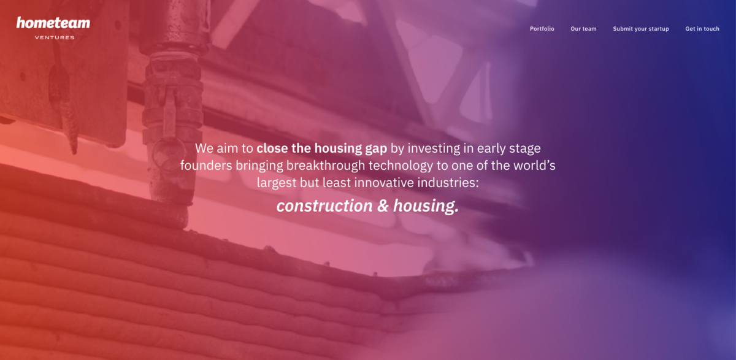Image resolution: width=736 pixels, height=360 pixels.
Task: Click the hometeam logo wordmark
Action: click(x=53, y=23)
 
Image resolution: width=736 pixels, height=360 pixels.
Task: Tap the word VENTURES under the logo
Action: click(x=55, y=37)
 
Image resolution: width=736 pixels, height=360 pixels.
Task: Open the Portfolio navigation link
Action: click(x=542, y=29)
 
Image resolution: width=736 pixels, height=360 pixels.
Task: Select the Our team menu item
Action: click(x=583, y=29)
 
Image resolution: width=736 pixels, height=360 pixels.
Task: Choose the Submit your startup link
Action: click(x=641, y=29)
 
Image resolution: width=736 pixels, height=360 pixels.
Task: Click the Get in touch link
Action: click(x=702, y=29)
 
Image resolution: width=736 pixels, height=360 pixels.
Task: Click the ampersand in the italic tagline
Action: click(x=383, y=206)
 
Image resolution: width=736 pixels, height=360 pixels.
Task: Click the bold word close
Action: click(x=272, y=148)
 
